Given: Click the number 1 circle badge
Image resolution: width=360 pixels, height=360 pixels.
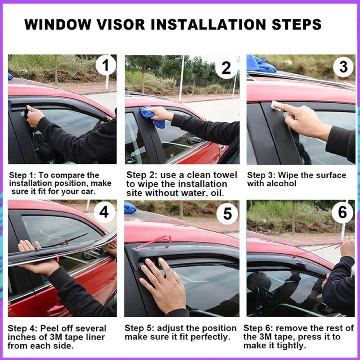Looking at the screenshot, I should (x=105, y=66).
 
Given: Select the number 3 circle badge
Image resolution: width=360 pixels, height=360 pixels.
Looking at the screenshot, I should (x=343, y=67).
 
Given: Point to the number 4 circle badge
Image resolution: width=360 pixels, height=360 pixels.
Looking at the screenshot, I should (x=104, y=211).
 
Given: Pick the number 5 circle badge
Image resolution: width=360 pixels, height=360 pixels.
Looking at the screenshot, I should (x=227, y=213).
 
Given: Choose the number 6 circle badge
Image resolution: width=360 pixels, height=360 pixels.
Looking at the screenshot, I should (x=342, y=212).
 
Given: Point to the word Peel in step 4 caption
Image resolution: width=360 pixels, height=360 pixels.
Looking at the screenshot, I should (x=45, y=328).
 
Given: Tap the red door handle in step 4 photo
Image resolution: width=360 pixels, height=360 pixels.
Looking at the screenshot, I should (x=56, y=309).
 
